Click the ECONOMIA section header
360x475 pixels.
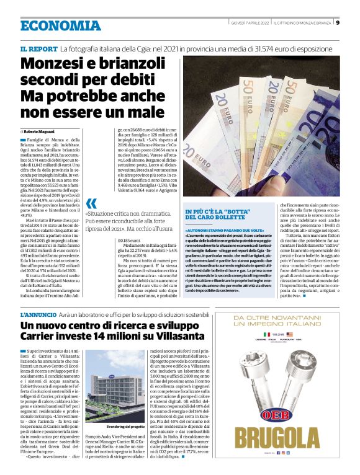[x=60, y=25]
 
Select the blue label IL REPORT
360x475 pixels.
[x=38, y=48]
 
